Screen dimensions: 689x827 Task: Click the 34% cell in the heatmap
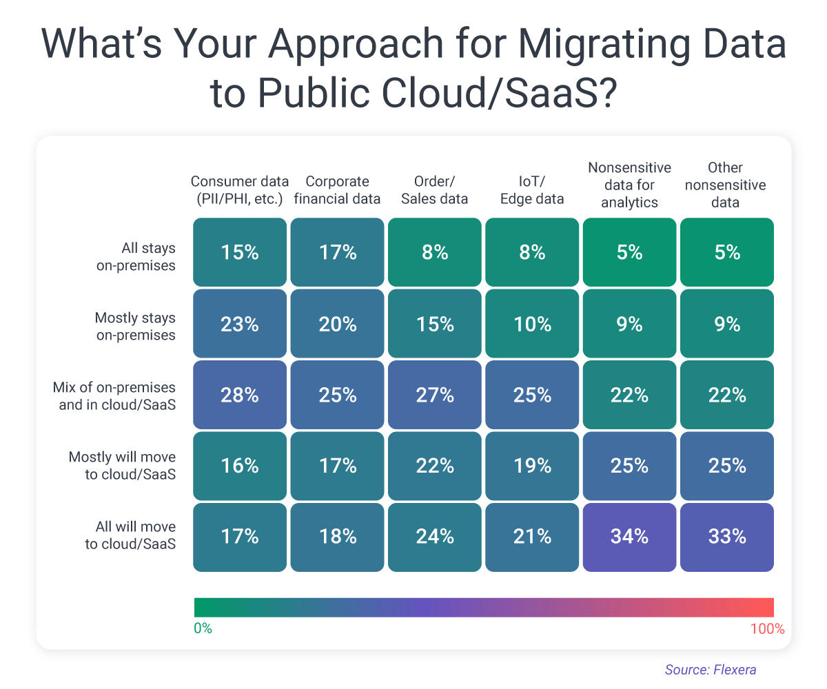[x=629, y=537]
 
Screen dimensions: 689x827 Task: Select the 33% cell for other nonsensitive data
[x=727, y=537]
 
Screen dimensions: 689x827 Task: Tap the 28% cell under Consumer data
[x=239, y=395]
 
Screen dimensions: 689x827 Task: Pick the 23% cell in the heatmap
[x=239, y=324]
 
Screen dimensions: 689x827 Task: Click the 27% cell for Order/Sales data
[x=435, y=395]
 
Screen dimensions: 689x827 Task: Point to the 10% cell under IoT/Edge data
[x=532, y=324]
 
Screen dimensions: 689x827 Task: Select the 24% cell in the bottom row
[x=435, y=537]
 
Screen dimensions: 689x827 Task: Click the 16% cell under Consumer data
[x=239, y=466]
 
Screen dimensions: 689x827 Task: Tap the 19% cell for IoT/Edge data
[x=532, y=466]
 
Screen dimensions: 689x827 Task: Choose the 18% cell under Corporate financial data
[x=337, y=537]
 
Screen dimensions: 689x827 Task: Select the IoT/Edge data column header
[x=532, y=190]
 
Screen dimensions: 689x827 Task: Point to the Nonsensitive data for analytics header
[x=629, y=185]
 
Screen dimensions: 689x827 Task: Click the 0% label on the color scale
[x=203, y=628]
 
